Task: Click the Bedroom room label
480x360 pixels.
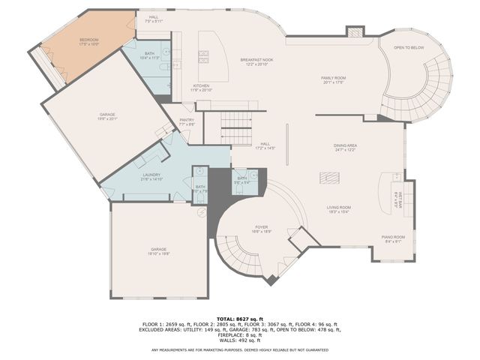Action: pos(89,42)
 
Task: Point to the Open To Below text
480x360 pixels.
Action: pos(409,48)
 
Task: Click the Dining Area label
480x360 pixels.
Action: pos(345,147)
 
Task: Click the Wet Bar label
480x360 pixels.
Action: pos(400,198)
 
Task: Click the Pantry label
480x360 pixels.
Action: pos(187,121)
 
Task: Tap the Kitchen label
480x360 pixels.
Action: pos(202,88)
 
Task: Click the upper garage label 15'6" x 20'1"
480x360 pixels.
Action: pos(107,116)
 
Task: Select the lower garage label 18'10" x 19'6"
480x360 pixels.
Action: pos(158,251)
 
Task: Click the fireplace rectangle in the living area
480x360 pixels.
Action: pos(329,178)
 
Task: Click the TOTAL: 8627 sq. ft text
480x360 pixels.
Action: pos(240,319)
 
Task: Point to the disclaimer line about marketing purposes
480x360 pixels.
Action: pos(240,349)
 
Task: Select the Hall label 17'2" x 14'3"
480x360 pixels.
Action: pos(265,145)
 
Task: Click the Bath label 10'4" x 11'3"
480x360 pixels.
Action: pos(150,55)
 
